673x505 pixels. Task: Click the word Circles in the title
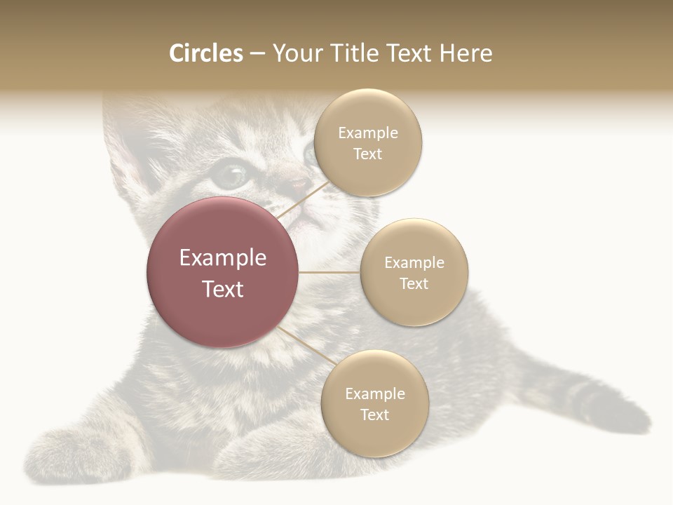click(205, 53)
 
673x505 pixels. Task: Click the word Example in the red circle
click(223, 258)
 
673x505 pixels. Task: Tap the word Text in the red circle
click(223, 289)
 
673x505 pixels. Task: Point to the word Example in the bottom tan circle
click(374, 394)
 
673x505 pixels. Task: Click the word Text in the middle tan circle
click(414, 283)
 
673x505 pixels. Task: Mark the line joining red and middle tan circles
click(329, 272)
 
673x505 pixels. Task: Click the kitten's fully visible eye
click(231, 175)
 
